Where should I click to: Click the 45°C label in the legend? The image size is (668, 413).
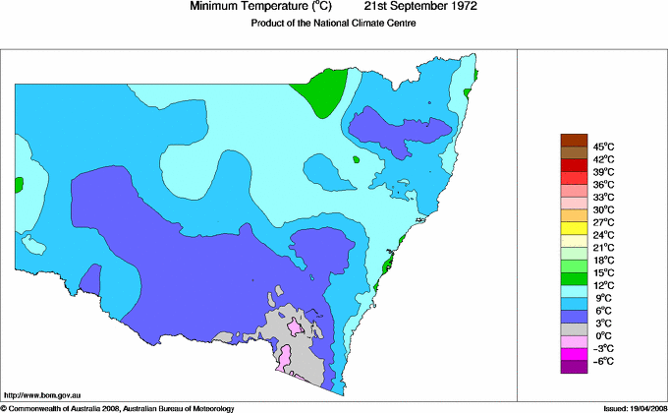click(603, 147)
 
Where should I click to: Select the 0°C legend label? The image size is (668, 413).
click(603, 335)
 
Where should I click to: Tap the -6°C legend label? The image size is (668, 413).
click(603, 361)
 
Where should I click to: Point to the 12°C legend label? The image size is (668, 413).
click(603, 284)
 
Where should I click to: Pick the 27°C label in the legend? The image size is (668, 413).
click(603, 222)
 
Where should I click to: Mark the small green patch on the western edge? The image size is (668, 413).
click(18, 184)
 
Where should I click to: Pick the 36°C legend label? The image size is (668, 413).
click(603, 184)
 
